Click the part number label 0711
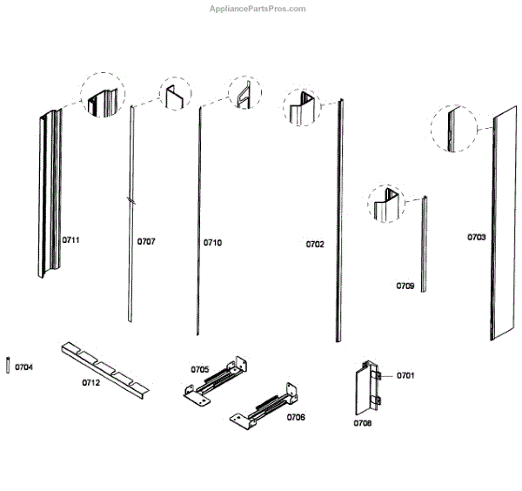(x=71, y=239)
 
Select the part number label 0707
(x=147, y=242)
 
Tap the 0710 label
(x=213, y=242)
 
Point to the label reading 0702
(x=315, y=245)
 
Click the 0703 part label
(x=477, y=237)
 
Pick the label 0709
(x=405, y=286)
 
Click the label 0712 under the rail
(x=91, y=382)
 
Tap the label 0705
(x=200, y=369)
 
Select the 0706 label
(x=295, y=417)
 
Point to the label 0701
(x=406, y=376)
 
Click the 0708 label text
(x=363, y=424)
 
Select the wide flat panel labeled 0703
(x=505, y=226)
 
